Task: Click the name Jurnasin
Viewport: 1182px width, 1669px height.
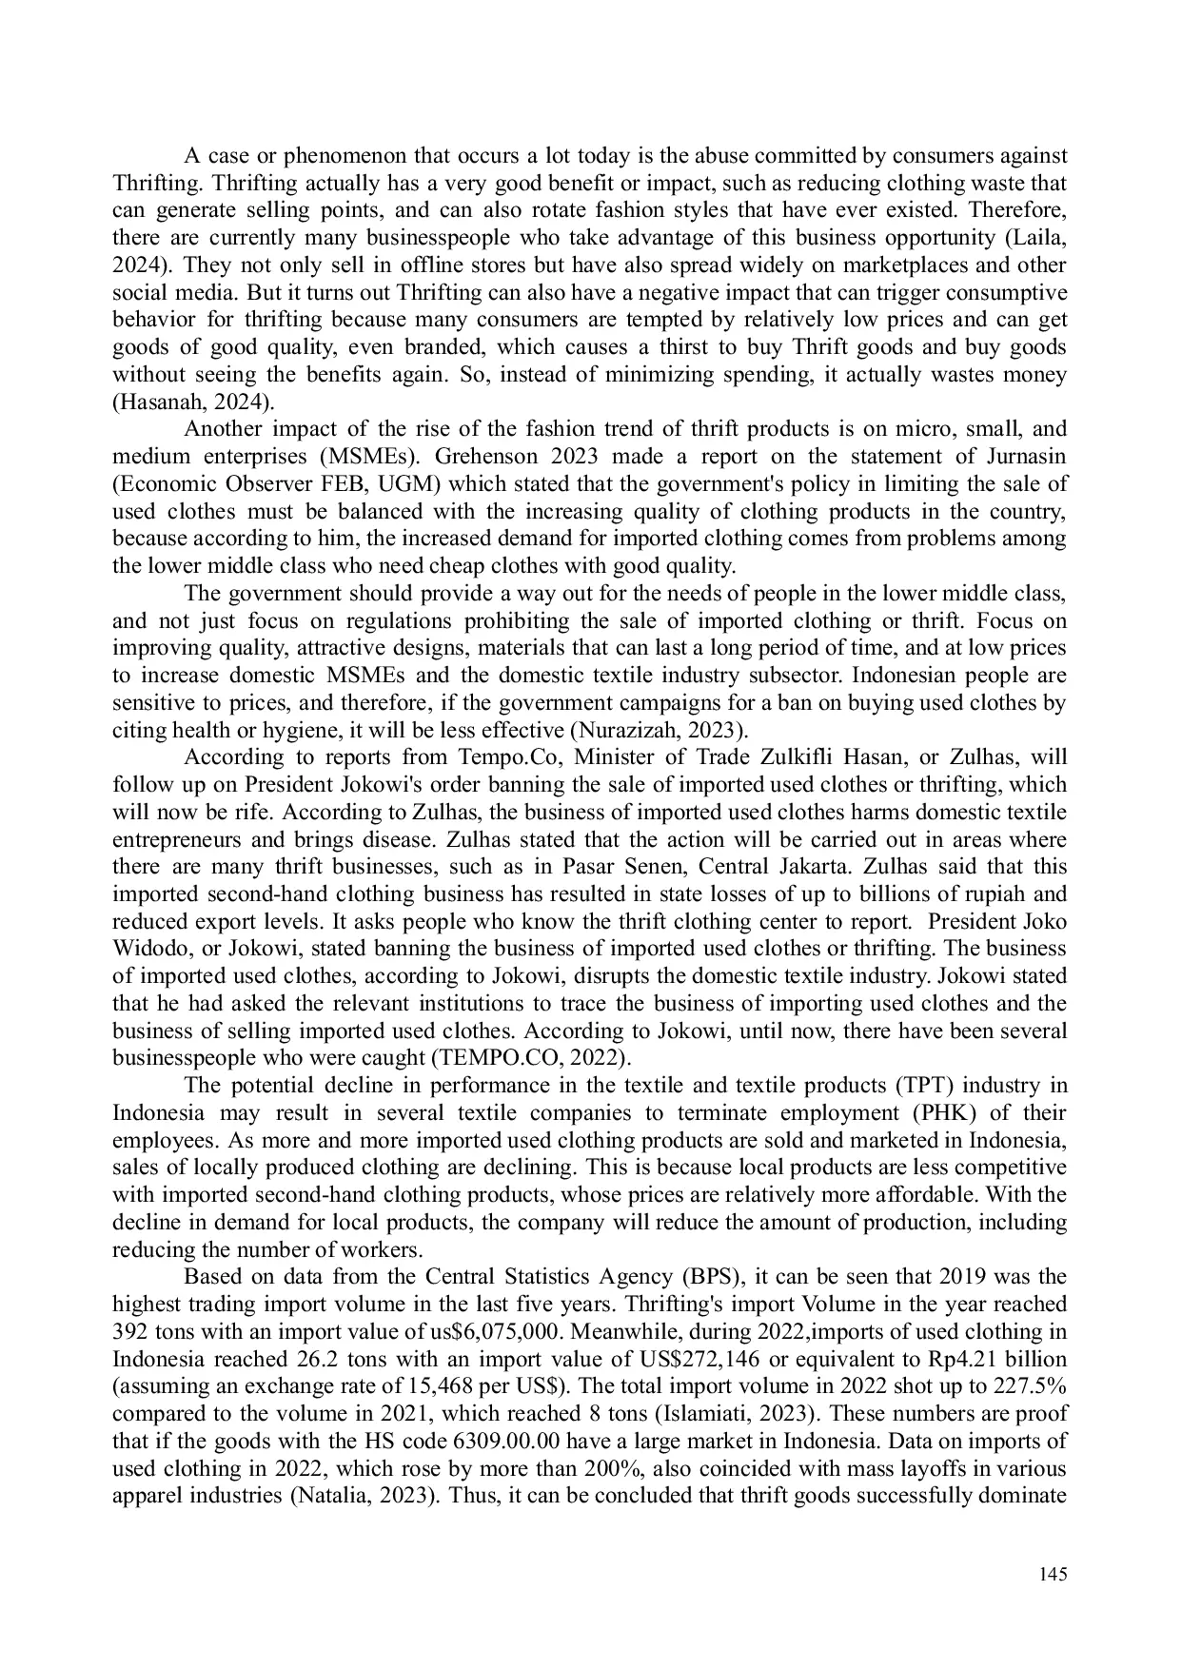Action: [x=1019, y=457]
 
